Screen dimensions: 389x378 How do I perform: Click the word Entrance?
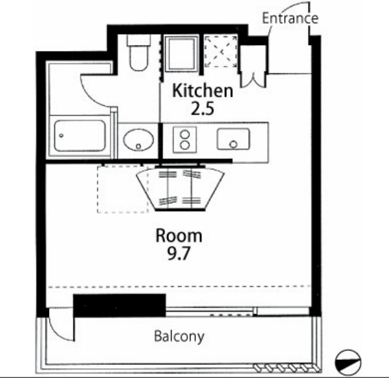point(290,18)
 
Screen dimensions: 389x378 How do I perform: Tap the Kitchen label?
point(203,91)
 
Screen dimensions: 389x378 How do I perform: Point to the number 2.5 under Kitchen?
point(202,109)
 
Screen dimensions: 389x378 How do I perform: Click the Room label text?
point(179,236)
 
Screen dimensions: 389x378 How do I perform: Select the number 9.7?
point(179,254)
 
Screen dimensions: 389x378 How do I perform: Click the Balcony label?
point(179,336)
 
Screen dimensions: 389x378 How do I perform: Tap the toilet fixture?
point(139,53)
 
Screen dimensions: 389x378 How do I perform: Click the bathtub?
point(80,136)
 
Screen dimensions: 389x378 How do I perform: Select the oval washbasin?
point(139,140)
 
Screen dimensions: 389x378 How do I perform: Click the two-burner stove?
point(185,140)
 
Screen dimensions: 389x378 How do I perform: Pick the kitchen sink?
point(233,139)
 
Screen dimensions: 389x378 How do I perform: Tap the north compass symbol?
point(348,362)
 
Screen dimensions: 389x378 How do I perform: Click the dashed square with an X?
point(220,51)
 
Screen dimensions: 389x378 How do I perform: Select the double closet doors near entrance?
point(254,80)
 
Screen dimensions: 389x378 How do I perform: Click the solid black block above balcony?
point(120,306)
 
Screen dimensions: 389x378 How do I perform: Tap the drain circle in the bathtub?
point(61,136)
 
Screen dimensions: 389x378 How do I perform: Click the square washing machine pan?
point(182,53)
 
